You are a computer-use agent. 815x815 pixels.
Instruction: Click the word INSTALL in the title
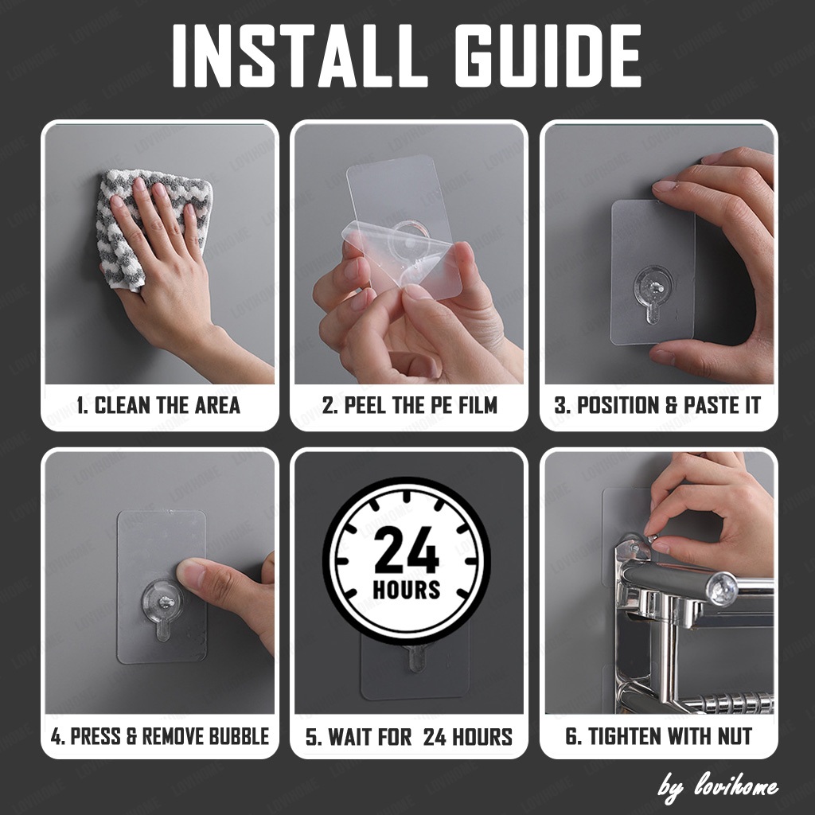(x=300, y=56)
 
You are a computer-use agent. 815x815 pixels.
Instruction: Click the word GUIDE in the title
(x=548, y=56)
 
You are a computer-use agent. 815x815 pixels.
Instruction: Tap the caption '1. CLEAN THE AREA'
(x=158, y=405)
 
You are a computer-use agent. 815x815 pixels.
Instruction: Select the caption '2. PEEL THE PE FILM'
(x=410, y=405)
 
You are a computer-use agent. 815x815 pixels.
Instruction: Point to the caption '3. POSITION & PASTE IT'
(x=657, y=405)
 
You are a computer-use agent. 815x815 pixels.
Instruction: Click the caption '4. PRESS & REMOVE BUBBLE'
(x=160, y=736)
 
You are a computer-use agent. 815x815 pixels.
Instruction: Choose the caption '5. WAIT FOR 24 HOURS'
(x=409, y=736)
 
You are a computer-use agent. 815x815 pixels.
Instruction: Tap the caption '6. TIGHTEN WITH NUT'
(x=658, y=736)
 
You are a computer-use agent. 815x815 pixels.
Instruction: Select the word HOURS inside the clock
(x=407, y=591)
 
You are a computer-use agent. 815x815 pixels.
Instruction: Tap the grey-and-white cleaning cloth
(x=154, y=228)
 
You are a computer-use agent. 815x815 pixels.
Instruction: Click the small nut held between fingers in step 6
(x=651, y=536)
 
